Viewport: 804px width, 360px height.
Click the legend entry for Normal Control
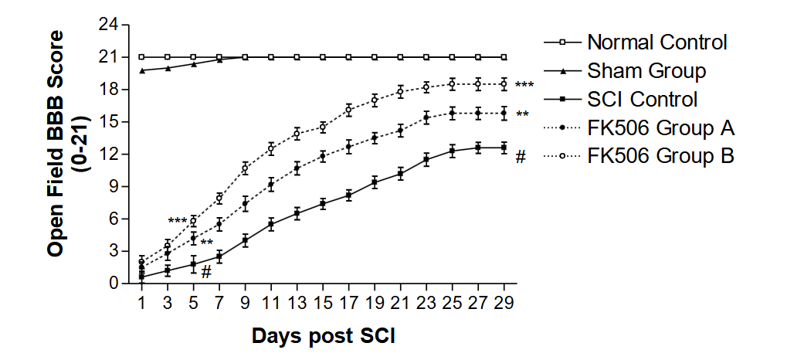click(x=656, y=42)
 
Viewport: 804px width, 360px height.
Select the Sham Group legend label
click(x=646, y=71)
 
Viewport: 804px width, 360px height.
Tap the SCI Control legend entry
click(x=642, y=99)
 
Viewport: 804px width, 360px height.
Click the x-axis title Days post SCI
click(x=324, y=337)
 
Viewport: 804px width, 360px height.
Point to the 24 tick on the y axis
click(x=109, y=25)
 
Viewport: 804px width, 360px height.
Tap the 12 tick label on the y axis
click(x=109, y=154)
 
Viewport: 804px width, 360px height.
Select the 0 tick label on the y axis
click(x=114, y=284)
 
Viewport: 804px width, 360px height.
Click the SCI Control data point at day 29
click(x=504, y=148)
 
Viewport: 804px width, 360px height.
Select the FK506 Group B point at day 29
click(x=504, y=84)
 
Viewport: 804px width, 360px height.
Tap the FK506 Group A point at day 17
click(x=348, y=146)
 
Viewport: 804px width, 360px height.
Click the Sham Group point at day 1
click(x=141, y=70)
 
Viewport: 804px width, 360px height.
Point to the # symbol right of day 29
click(x=521, y=158)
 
